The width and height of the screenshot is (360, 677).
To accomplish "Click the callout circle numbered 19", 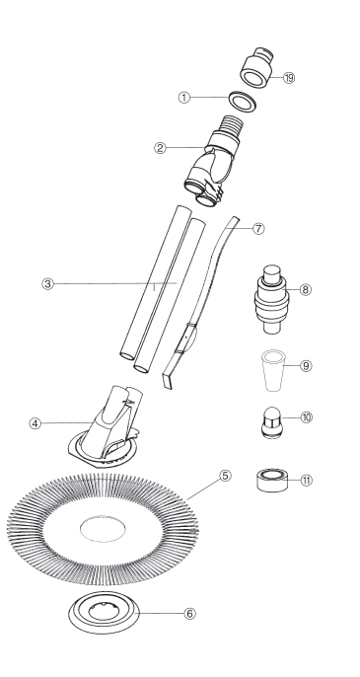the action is point(289,78).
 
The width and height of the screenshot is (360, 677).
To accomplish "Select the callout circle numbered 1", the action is point(184,98).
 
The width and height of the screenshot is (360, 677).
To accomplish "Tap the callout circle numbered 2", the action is point(160,148).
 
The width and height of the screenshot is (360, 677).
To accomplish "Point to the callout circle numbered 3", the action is point(48,284).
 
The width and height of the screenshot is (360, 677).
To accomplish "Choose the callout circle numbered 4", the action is point(36,423).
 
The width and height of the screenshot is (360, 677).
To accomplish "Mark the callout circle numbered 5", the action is point(225,476).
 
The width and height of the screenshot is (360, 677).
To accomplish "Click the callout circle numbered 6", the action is point(190,613).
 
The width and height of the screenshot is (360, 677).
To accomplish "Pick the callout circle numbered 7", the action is point(258,228).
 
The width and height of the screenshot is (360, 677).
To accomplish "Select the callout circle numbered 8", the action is point(305,289).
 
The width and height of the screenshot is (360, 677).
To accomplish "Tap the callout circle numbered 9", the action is point(306,366).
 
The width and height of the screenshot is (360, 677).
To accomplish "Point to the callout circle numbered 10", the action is point(306,417).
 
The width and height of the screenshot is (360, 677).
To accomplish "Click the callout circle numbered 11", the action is point(306,480).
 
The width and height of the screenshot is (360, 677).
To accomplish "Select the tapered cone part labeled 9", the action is point(273,370).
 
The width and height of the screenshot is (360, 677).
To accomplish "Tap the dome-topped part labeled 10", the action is point(272,422).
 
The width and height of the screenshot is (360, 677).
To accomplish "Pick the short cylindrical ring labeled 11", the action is point(272,480).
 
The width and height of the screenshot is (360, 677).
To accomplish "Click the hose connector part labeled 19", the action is point(256,67).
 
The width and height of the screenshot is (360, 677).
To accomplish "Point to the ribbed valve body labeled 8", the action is point(271,299).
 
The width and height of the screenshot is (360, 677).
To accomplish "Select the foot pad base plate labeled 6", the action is point(104,612).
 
